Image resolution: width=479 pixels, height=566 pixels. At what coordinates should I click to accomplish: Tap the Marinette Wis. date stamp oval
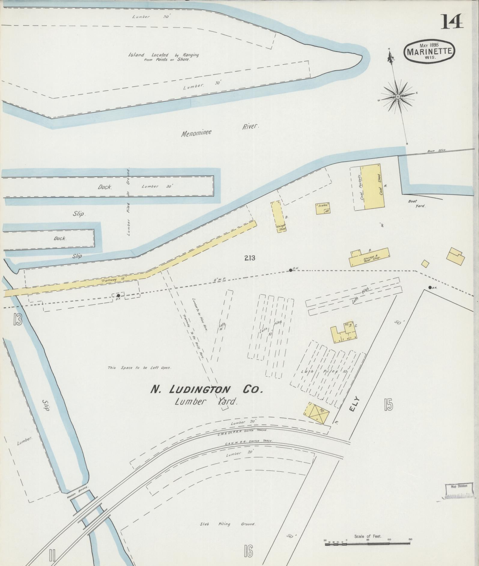pyautogui.click(x=429, y=51)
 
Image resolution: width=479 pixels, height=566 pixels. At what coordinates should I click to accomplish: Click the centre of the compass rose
pyautogui.click(x=398, y=96)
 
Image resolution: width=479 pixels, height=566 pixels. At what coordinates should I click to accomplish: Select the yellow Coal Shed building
pyautogui.click(x=374, y=186)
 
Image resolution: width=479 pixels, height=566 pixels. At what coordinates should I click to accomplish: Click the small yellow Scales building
pyautogui.click(x=323, y=208)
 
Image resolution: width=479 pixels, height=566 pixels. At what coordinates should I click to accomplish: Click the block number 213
pyautogui.click(x=250, y=257)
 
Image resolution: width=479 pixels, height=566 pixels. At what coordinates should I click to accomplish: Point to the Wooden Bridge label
pyautogui.click(x=77, y=493)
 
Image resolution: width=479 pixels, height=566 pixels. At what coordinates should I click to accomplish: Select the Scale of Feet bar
pyautogui.click(x=368, y=542)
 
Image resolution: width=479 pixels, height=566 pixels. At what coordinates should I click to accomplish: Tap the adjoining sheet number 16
pyautogui.click(x=248, y=551)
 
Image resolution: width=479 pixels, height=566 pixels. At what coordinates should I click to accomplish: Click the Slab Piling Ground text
pyautogui.click(x=228, y=524)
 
